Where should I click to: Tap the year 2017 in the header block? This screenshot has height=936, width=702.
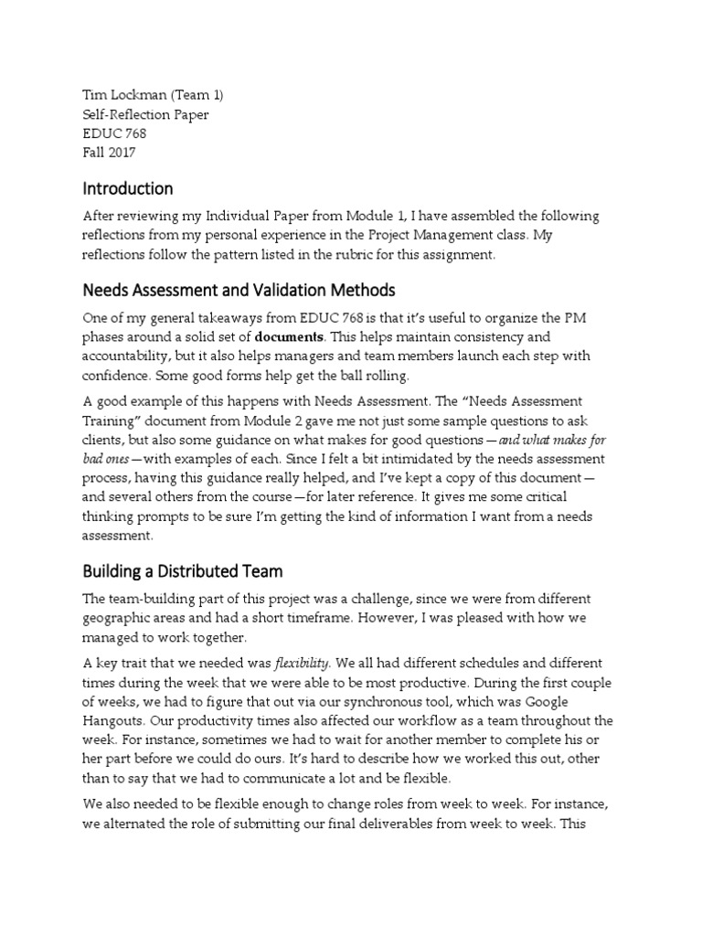pos(122,153)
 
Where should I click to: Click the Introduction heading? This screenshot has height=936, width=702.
pos(128,189)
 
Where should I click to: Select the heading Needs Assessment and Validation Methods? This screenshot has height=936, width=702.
pos(239,290)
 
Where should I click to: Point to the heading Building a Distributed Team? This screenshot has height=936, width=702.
pos(183,571)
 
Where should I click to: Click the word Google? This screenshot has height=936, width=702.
pos(569,701)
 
